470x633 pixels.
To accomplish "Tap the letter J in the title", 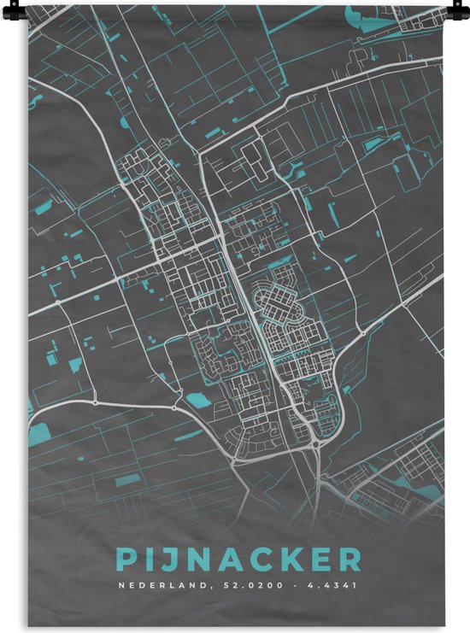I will point(167,560).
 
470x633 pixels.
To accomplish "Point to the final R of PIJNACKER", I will point(350,560).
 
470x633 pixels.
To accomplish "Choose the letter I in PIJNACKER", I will point(147,560).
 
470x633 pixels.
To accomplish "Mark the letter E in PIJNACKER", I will point(321,560).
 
